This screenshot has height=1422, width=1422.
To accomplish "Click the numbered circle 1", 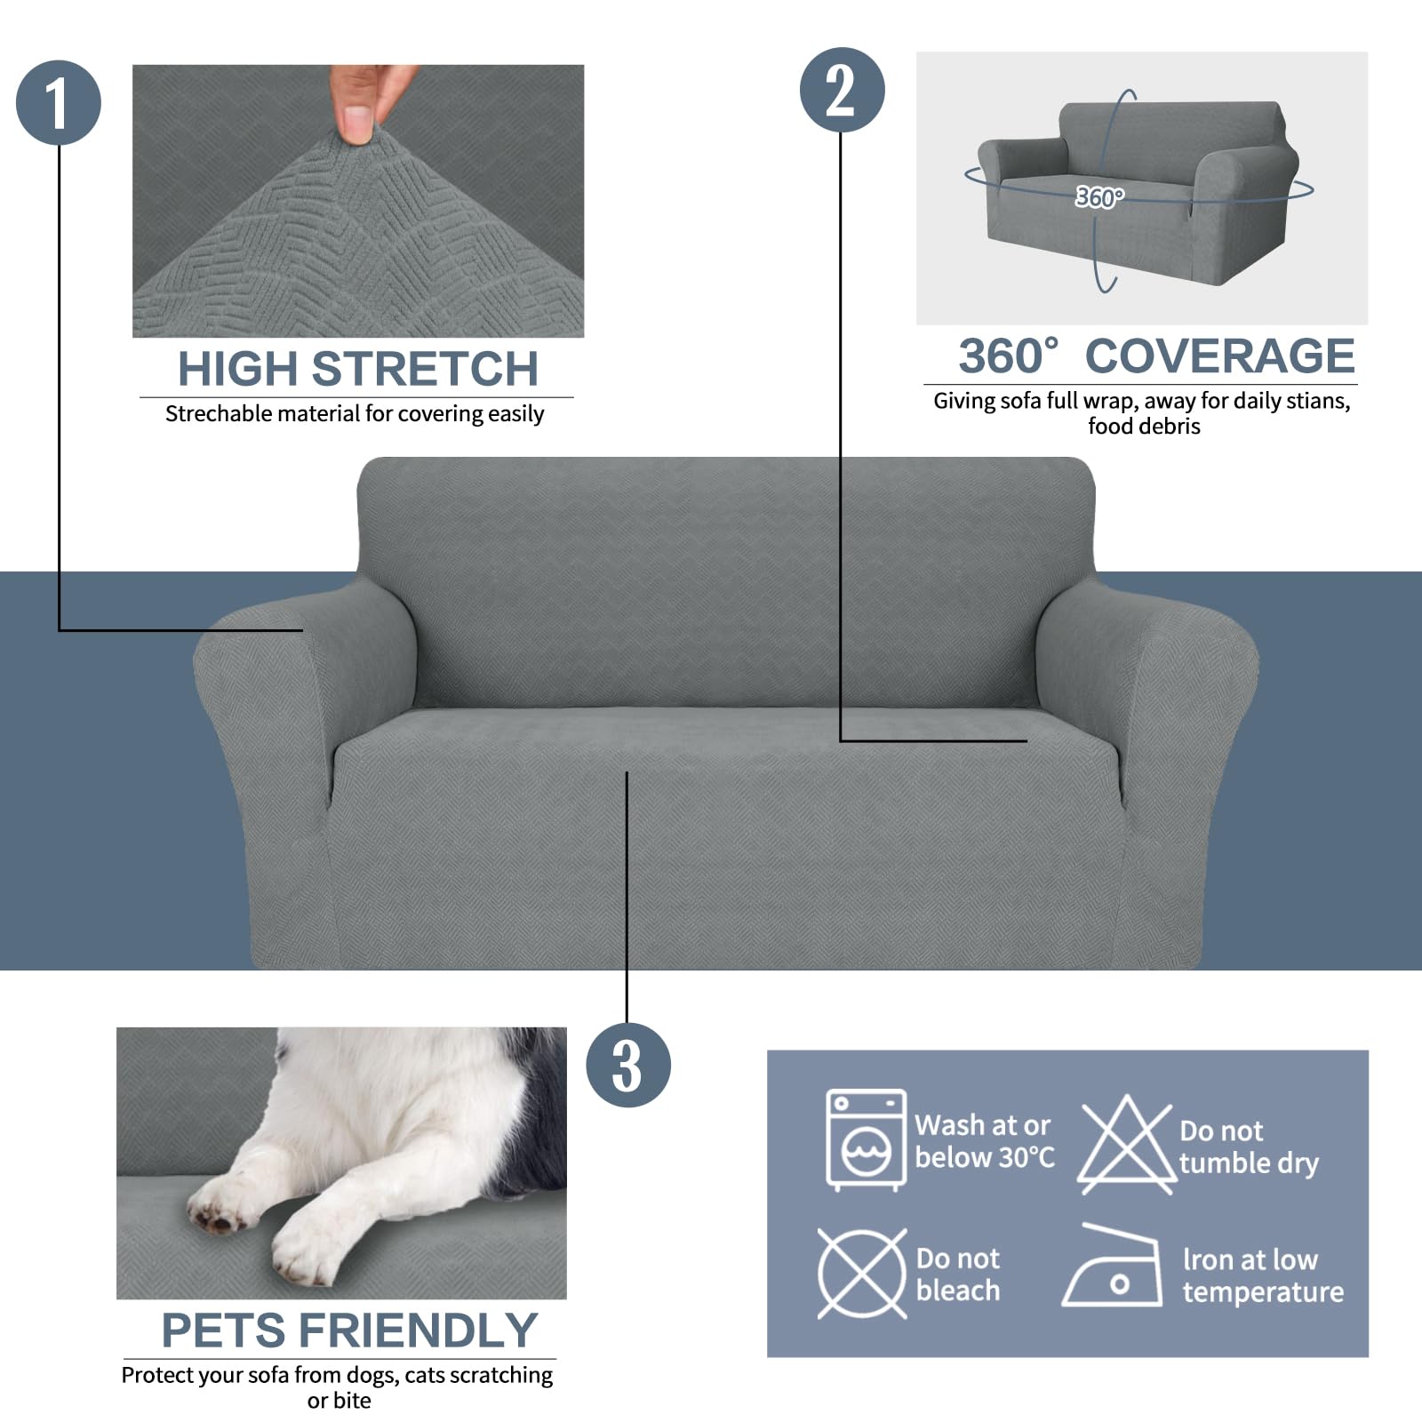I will click(59, 103).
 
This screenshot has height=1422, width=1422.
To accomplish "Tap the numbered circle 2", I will click(842, 90).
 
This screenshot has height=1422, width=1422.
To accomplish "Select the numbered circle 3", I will click(627, 1065).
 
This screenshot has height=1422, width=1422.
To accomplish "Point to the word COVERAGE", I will click(1219, 356).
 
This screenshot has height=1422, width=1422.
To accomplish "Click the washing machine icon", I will click(866, 1139).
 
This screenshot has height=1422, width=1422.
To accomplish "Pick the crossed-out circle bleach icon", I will click(861, 1274).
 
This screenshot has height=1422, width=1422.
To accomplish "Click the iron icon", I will click(1113, 1269).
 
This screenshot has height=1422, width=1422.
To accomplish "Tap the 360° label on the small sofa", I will click(1099, 196).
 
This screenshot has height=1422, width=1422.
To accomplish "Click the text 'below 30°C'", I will click(985, 1157).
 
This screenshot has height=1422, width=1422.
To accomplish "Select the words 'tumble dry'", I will click(1249, 1163).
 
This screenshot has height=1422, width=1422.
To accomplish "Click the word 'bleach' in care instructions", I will click(958, 1290).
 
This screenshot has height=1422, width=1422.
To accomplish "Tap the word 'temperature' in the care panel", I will click(1263, 1292).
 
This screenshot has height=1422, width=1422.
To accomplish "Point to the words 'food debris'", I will click(1144, 427).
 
